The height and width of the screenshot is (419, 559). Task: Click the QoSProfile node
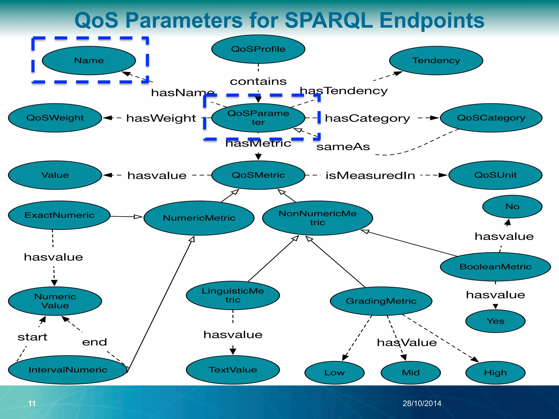258,49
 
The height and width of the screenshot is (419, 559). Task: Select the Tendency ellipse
436,61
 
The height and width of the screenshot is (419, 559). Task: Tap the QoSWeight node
55,118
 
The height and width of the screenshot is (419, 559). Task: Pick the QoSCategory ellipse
491,118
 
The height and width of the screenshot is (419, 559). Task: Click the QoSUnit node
495,175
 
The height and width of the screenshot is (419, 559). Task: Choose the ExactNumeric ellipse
59,215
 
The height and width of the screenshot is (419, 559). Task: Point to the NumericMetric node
199,218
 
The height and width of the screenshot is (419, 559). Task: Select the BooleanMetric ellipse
495,267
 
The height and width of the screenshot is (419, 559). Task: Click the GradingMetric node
381,301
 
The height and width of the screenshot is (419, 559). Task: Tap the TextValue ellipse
233,370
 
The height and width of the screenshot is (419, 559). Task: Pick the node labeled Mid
411,373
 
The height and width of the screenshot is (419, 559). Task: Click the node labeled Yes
495,321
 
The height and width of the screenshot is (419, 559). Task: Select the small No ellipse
512,206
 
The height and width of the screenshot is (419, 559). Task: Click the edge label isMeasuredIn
370,176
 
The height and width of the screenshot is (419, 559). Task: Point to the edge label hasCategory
367,118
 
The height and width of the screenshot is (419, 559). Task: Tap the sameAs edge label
343,147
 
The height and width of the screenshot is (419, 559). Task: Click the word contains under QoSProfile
258,82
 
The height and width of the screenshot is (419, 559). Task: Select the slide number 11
32,403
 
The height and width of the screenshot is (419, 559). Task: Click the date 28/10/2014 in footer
422,403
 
